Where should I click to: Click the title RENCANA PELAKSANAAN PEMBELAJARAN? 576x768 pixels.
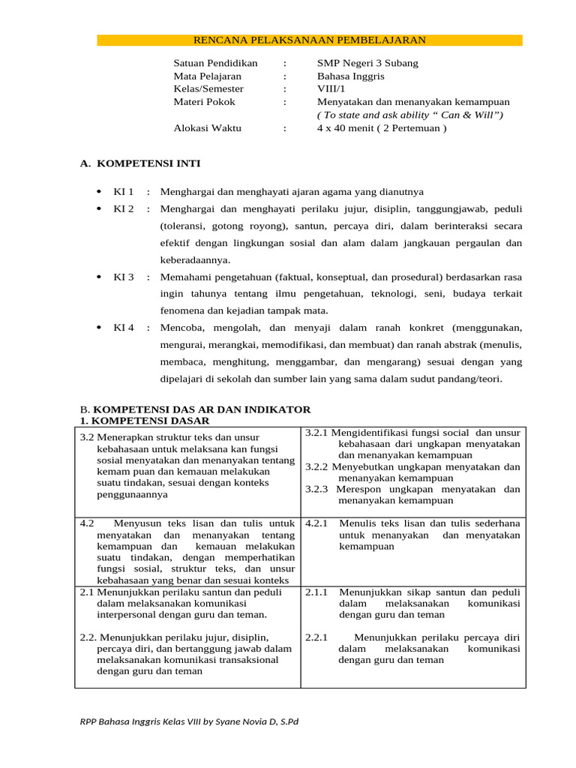click(310, 40)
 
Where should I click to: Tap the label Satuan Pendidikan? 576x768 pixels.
click(215, 63)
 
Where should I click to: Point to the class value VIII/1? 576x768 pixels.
click(331, 88)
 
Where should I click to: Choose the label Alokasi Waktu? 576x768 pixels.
click(207, 128)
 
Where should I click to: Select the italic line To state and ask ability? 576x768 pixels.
click(409, 115)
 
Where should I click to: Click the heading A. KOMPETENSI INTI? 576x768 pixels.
click(140, 163)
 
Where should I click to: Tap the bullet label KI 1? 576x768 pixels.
click(123, 192)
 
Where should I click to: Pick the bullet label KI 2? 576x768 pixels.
click(123, 208)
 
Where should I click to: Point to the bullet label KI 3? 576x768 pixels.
click(123, 277)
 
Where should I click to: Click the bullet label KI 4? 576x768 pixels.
click(123, 328)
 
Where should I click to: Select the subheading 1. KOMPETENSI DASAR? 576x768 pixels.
click(145, 421)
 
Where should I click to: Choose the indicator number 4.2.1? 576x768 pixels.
click(317, 523)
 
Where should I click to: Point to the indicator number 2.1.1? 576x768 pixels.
click(317, 592)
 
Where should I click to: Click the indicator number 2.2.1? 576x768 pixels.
click(317, 637)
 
